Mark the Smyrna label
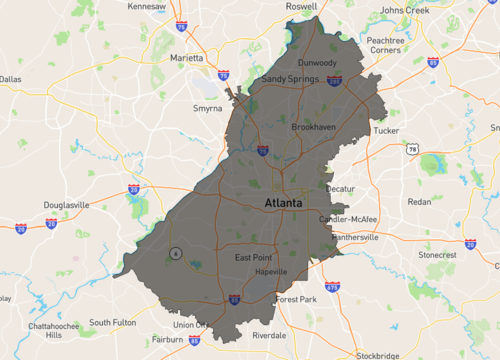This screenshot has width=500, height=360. pyautogui.click(x=208, y=108)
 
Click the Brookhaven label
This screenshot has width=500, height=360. pyautogui.click(x=313, y=128)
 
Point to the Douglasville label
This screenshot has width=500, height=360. pyautogui.click(x=67, y=205)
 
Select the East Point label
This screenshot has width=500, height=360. pyautogui.click(x=254, y=258)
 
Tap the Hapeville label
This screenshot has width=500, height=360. pyautogui.click(x=271, y=272)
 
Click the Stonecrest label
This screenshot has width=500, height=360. pyautogui.click(x=437, y=255)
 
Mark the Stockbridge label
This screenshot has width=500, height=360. pyautogui.click(x=377, y=354)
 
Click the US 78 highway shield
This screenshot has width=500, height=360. pyautogui.click(x=412, y=148)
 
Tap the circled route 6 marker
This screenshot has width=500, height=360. pyautogui.click(x=175, y=253)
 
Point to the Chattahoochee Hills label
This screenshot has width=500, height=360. pyautogui.click(x=48, y=330)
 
